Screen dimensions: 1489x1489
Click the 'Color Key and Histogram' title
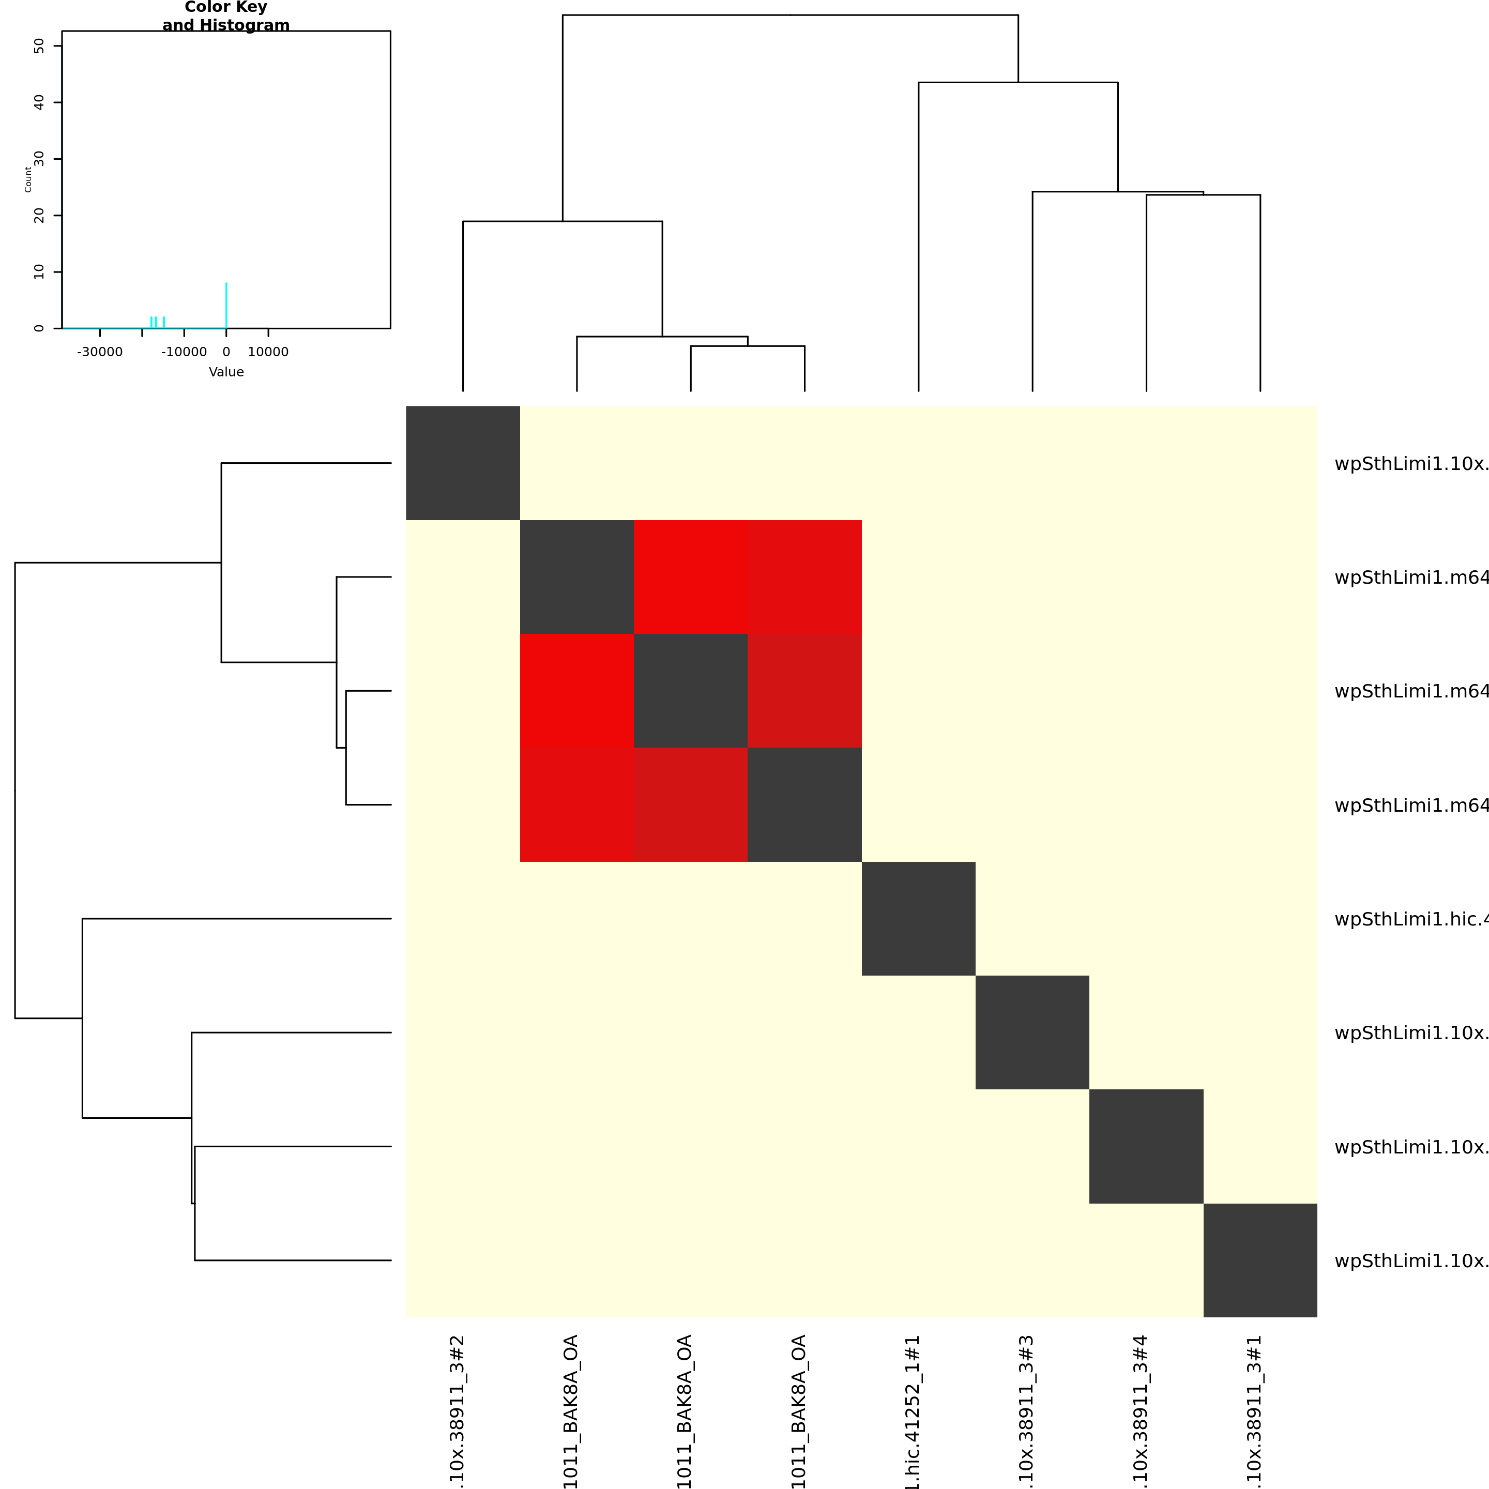226,16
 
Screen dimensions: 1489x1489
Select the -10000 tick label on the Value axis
184,352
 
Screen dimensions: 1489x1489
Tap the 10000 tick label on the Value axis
268,352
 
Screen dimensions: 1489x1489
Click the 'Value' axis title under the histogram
226,372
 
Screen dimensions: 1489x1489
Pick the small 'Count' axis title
28,179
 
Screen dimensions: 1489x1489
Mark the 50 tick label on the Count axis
39,46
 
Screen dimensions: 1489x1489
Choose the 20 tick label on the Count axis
39,216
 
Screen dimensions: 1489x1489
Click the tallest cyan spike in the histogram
226,305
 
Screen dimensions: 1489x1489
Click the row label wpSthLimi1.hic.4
1410,919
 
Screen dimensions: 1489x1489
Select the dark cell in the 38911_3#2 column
462,463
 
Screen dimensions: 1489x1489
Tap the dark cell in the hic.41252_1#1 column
918,919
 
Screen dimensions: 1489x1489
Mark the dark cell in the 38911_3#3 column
1032,1033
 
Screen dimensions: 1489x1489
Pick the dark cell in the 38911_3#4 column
1146,1147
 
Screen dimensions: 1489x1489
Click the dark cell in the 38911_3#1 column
1260,1261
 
